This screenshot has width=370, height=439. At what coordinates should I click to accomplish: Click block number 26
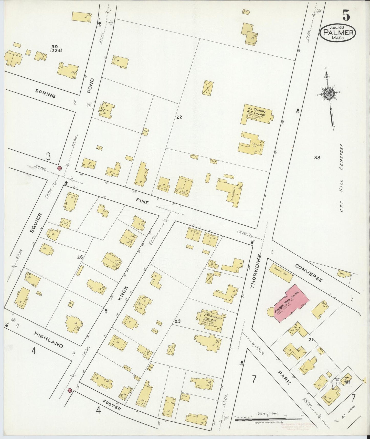[x=80, y=257]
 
